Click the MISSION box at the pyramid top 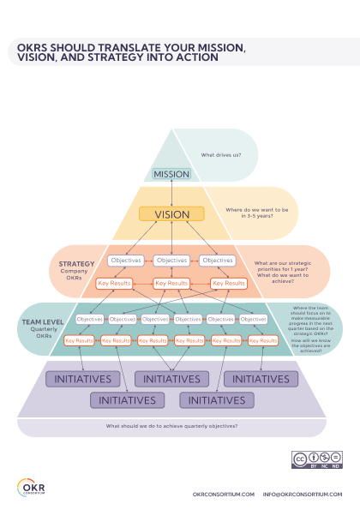point(171,174)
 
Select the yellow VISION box point(171,214)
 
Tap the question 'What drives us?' point(220,155)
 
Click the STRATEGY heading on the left point(76,264)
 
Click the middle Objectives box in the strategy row point(171,261)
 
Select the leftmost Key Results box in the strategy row point(114,283)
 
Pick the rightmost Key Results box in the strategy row point(228,283)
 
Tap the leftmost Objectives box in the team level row point(89,319)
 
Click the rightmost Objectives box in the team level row point(253,319)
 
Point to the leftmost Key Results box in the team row point(79,340)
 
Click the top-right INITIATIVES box point(260,378)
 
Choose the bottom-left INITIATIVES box point(127,399)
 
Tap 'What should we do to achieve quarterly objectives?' point(171,426)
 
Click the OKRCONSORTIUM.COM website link point(223,495)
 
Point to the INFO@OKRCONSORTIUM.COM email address point(302,495)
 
